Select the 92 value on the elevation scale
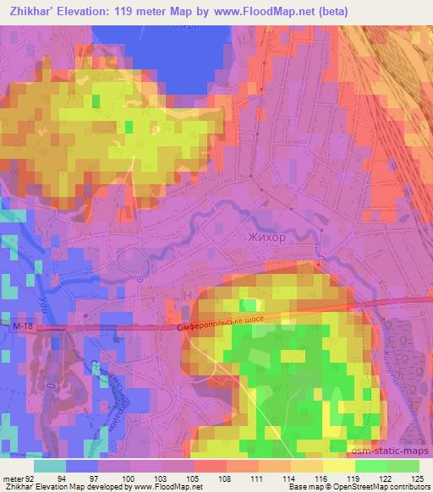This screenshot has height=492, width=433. pyautogui.click(x=31, y=478)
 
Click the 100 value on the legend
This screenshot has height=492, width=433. pyautogui.click(x=126, y=478)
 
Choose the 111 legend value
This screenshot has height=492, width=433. pyautogui.click(x=248, y=478)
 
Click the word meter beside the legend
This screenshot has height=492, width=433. pyautogui.click(x=12, y=478)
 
